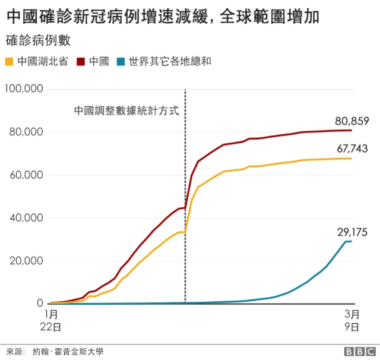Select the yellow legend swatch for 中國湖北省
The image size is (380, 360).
click(9, 61)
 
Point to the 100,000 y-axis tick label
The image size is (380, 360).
click(23, 89)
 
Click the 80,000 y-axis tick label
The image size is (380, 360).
click(26, 132)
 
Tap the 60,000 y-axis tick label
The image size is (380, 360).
click(26, 175)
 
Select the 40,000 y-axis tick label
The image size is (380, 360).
click(26, 217)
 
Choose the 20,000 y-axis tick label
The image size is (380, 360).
click(26, 261)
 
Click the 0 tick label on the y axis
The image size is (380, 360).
click(40, 304)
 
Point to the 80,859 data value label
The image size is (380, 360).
click(352, 121)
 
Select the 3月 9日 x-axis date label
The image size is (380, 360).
click(351, 320)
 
